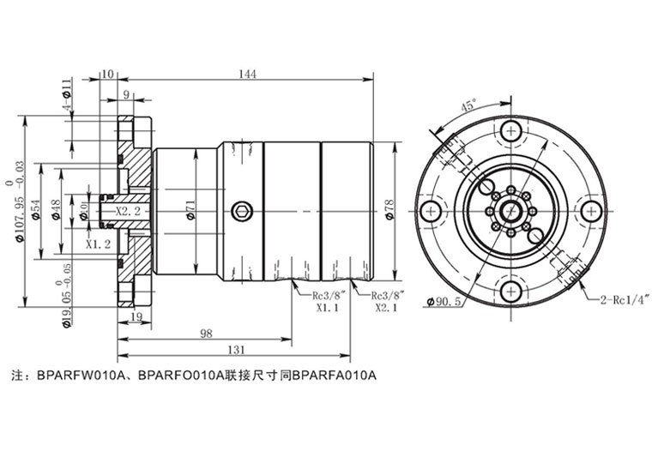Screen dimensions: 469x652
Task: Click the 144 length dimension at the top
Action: [247, 75]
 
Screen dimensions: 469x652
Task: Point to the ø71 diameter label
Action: [190, 209]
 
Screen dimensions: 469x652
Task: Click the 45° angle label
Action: [468, 106]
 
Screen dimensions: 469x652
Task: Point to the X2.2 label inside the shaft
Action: [128, 211]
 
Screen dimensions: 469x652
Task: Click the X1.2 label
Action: [99, 244]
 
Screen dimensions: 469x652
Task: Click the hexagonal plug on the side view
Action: [244, 210]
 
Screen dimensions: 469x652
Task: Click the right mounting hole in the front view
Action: [589, 211]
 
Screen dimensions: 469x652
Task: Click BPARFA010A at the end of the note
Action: [335, 375]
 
